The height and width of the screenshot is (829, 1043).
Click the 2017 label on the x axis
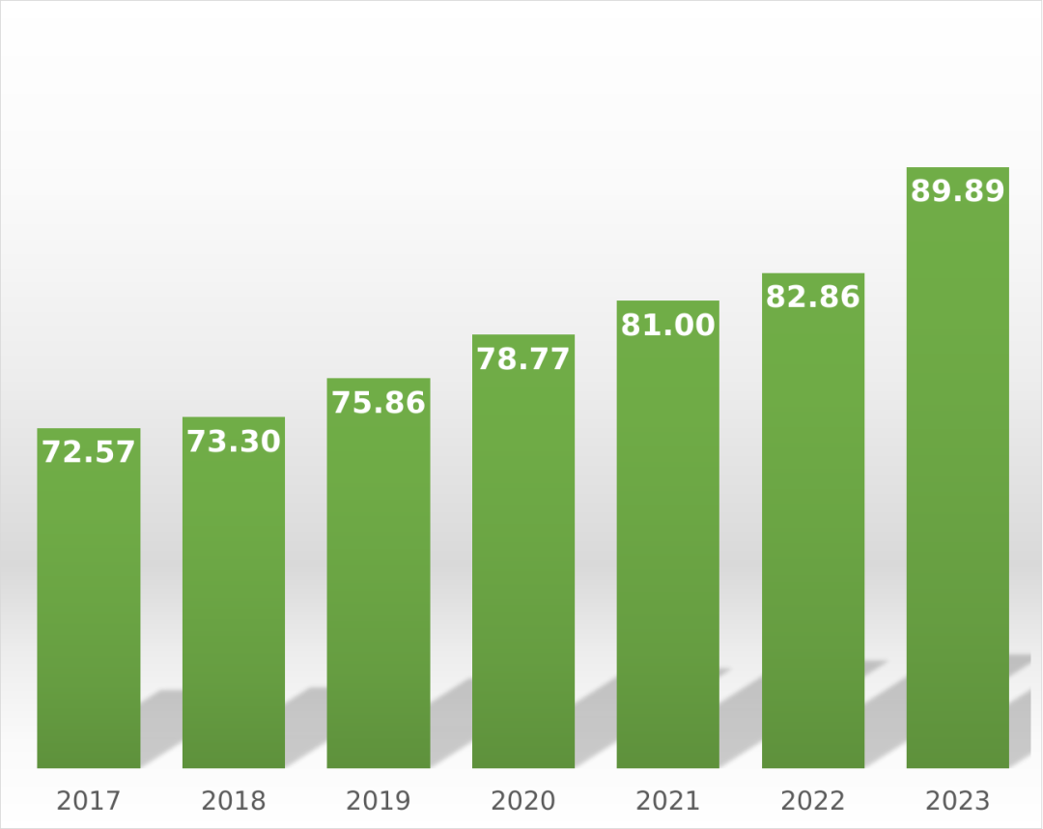click(89, 801)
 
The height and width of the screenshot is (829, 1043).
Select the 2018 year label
click(234, 801)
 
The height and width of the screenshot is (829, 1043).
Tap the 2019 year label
click(379, 801)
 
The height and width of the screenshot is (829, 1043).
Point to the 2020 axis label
click(523, 801)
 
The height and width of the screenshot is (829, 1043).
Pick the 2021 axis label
click(668, 801)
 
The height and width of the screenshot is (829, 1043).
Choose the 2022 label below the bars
click(813, 801)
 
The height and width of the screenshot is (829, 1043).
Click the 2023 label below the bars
click(958, 801)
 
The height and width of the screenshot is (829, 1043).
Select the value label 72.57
click(89, 451)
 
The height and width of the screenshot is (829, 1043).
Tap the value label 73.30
click(234, 442)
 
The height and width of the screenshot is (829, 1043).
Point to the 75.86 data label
click(379, 403)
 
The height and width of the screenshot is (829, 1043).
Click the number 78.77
click(523, 358)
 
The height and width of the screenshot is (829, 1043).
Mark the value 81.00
click(668, 326)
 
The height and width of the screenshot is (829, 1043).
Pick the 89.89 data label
click(958, 191)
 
